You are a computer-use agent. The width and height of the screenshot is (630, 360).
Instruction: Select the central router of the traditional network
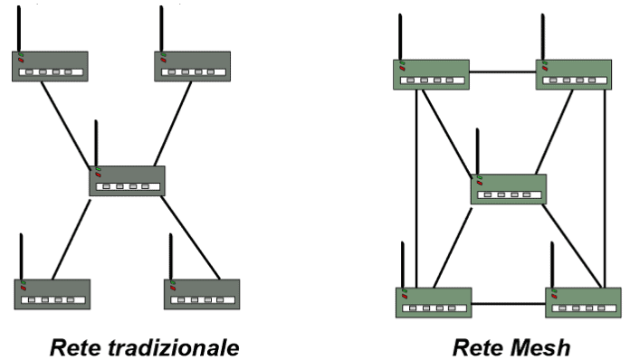127,181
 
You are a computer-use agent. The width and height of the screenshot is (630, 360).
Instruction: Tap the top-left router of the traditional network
50,66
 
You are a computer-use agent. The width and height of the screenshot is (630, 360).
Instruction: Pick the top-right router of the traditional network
192,66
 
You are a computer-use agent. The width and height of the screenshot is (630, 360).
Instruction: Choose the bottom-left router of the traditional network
52,294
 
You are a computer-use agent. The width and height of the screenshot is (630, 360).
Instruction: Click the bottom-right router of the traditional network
201,294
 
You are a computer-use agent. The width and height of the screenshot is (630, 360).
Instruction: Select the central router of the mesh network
509,188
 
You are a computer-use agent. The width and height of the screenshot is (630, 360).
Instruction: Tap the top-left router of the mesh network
431,74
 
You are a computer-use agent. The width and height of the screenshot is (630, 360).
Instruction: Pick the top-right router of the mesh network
573,74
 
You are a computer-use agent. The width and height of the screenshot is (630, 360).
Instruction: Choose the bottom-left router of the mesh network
434,302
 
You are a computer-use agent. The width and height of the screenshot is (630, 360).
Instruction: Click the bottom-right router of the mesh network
583,302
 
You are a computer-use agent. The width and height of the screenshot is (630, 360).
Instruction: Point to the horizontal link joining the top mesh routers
502,71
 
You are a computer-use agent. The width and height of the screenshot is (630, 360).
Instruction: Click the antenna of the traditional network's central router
96,143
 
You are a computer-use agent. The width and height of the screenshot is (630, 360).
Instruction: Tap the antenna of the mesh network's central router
477,151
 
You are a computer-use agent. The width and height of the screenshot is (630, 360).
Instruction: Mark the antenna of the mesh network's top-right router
542,36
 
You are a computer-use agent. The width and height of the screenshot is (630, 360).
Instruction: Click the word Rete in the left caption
73,347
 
